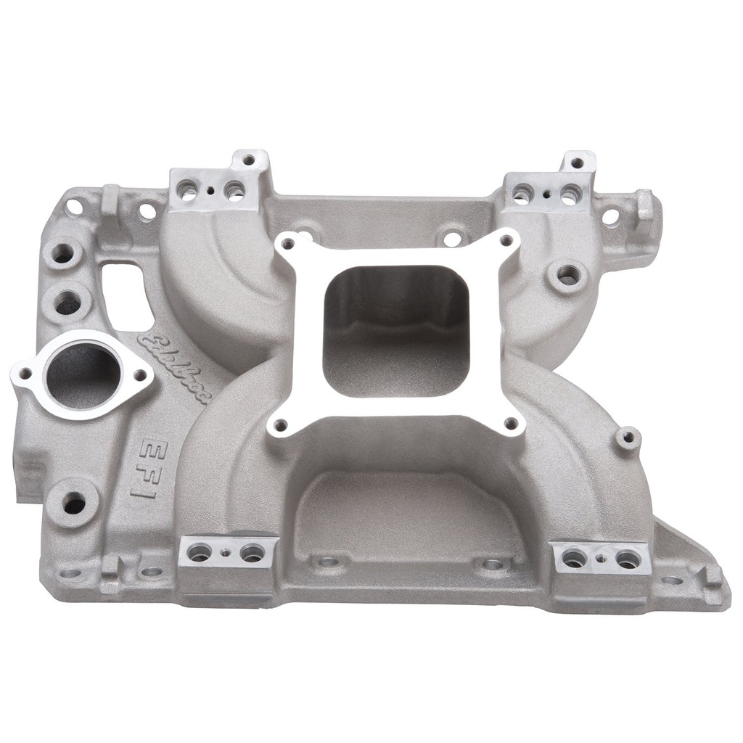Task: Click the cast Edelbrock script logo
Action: (x=175, y=367)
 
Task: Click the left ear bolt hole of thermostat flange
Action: (x=25, y=373)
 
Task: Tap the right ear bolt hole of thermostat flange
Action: (x=139, y=375)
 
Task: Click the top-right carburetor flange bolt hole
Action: (x=506, y=240)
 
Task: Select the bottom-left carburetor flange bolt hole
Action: (x=282, y=424)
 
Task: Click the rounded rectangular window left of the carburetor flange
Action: (x=128, y=293)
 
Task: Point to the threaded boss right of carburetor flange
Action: (x=568, y=275)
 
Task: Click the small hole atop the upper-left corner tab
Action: (x=249, y=160)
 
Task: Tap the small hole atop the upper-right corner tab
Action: (x=578, y=162)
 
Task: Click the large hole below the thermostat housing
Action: (x=75, y=501)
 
